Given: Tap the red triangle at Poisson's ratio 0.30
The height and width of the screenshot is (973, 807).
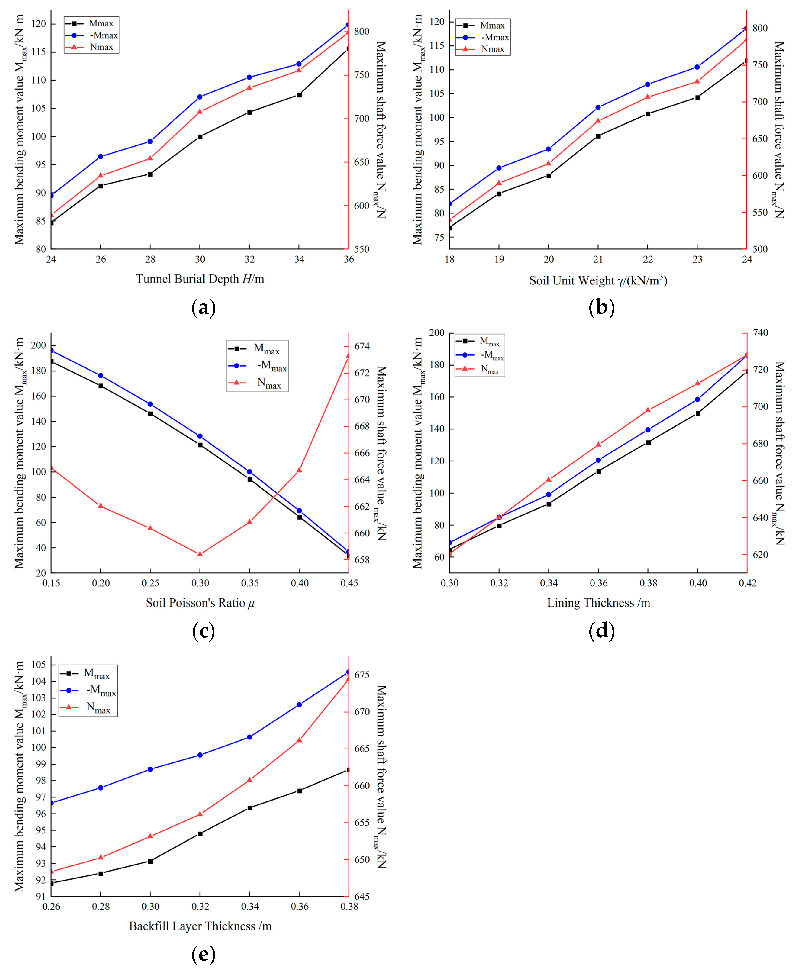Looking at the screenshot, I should tap(200, 554).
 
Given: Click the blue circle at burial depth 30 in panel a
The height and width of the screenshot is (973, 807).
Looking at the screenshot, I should tap(200, 97).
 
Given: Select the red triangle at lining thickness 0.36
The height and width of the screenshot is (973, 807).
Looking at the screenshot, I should tap(598, 444).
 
